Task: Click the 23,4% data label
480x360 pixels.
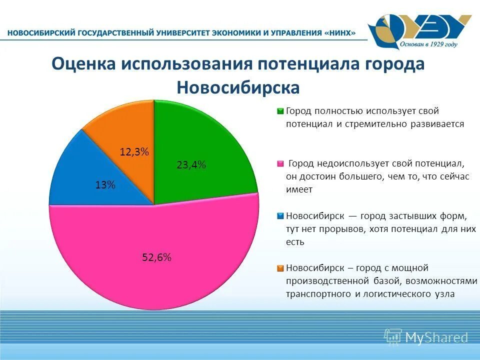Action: pyautogui.click(x=191, y=165)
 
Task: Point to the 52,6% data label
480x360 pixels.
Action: pyautogui.click(x=156, y=257)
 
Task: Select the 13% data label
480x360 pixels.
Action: pyautogui.click(x=105, y=185)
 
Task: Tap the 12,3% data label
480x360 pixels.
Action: pyautogui.click(x=134, y=152)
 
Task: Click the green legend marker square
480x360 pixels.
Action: pyautogui.click(x=280, y=111)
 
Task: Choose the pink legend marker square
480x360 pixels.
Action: pyautogui.click(x=280, y=163)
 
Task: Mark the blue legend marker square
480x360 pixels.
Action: pyautogui.click(x=280, y=216)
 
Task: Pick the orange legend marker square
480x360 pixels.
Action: pyautogui.click(x=280, y=268)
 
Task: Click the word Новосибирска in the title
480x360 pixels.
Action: pyautogui.click(x=238, y=87)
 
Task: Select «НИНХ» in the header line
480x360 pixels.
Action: pyautogui.click(x=340, y=33)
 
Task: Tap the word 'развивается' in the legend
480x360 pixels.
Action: pyautogui.click(x=437, y=124)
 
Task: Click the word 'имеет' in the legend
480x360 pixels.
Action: pyautogui.click(x=299, y=189)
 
